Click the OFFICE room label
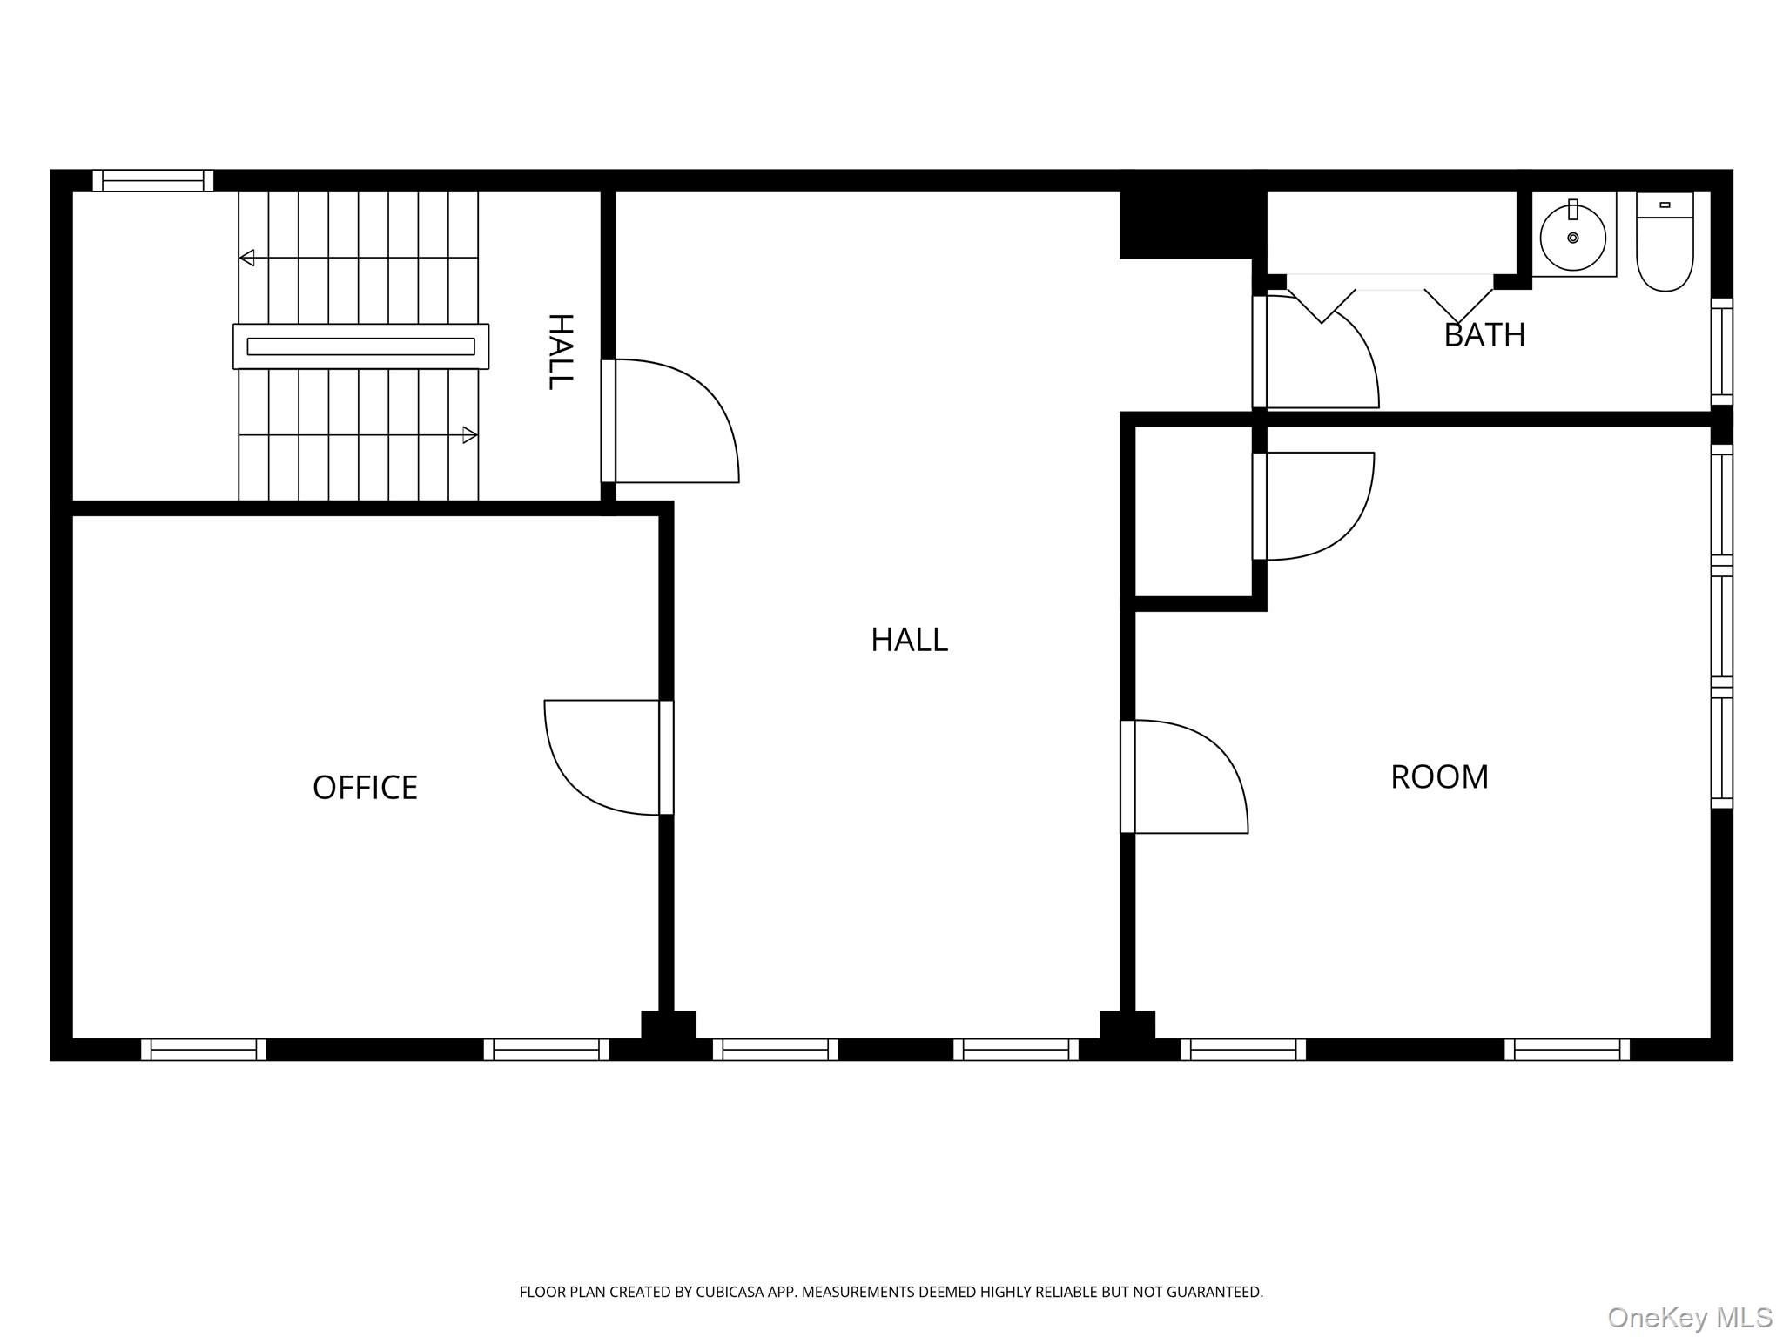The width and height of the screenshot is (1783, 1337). point(365,788)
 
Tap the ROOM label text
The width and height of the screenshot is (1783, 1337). point(1439,777)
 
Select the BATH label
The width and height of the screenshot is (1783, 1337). point(1484,335)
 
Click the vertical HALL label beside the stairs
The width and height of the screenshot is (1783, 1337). point(560,352)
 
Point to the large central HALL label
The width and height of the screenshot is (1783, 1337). point(909,640)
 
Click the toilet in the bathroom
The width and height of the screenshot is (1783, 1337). point(1665,241)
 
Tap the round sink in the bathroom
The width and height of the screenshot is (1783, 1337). point(1573,237)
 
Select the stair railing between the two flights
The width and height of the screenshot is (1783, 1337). point(360,346)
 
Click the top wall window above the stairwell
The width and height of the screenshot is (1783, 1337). point(153,180)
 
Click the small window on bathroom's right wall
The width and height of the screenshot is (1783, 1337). point(1722,352)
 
